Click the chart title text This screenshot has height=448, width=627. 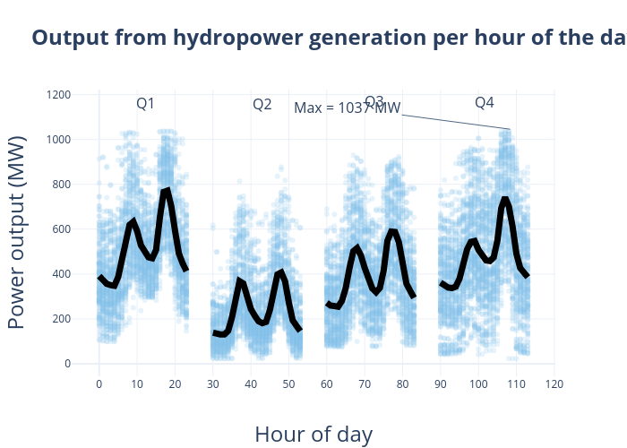(328, 38)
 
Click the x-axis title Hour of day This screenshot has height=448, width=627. (313, 435)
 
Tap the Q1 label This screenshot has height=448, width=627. (145, 104)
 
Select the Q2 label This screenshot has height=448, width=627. (262, 105)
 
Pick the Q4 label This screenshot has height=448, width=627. (485, 103)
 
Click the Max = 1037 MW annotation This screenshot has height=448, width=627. (347, 108)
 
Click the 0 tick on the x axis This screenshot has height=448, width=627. (99, 384)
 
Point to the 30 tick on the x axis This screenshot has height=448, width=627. (212, 384)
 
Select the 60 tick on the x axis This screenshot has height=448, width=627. (326, 384)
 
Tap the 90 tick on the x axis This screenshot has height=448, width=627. (440, 384)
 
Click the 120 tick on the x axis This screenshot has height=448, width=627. (554, 384)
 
